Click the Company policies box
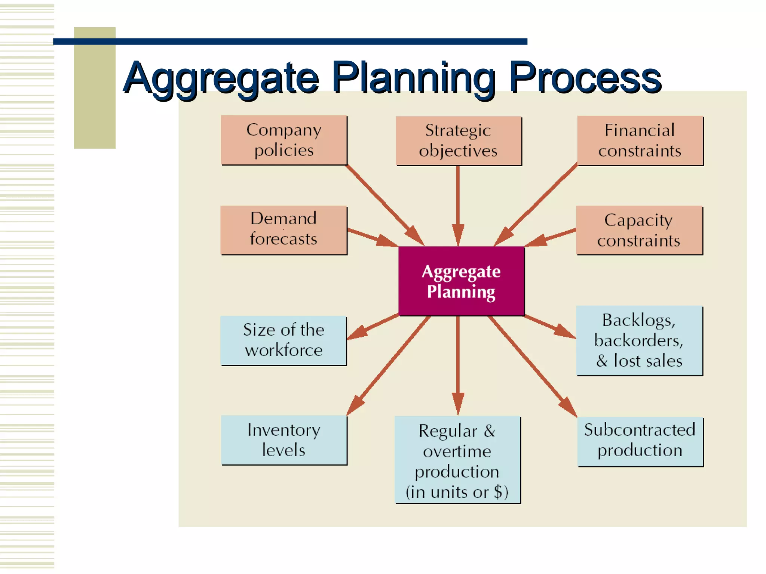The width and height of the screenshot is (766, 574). tap(284, 140)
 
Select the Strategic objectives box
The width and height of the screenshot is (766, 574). tap(459, 141)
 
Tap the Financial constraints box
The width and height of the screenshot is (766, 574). tap(640, 141)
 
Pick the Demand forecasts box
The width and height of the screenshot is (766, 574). tap(284, 230)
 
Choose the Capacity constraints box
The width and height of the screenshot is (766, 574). tap(639, 231)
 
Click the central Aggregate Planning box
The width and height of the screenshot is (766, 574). tap(461, 281)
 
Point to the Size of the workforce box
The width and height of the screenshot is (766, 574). tap(284, 340)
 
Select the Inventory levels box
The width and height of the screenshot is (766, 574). tap(284, 440)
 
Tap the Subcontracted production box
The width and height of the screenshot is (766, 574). tap(640, 441)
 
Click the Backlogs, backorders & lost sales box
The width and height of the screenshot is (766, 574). tap(639, 340)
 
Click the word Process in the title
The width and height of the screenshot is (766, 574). tap(585, 78)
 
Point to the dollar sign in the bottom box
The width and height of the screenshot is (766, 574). tap(498, 492)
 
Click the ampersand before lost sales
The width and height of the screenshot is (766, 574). tap(602, 361)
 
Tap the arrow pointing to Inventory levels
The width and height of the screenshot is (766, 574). tap(389, 366)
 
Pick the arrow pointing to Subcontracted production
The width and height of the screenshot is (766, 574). tap(531, 366)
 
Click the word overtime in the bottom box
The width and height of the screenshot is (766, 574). tap(457, 451)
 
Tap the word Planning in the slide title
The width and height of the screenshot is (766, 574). tap(413, 78)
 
